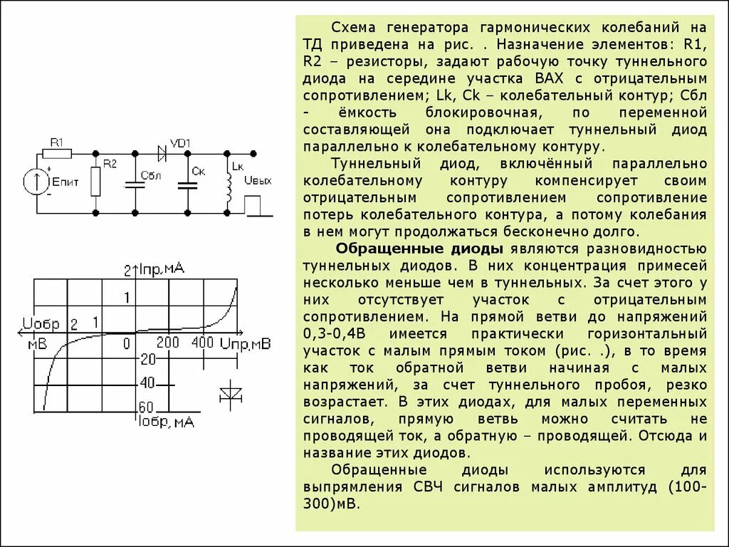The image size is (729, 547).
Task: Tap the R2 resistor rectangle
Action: point(95,182)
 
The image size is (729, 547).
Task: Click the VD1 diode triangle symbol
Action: point(161,152)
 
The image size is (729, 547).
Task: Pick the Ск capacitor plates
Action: point(187,184)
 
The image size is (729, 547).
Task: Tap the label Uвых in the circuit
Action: point(258,180)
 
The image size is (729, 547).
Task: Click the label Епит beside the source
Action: point(65,182)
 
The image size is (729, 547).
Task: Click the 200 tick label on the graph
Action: point(168,343)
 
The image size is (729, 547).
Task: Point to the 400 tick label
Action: point(202,343)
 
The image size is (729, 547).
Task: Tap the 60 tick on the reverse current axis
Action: point(146,408)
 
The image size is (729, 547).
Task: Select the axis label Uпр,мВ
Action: point(245,344)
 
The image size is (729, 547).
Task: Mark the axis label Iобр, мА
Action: point(166,422)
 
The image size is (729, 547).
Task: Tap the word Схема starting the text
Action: point(355,28)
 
